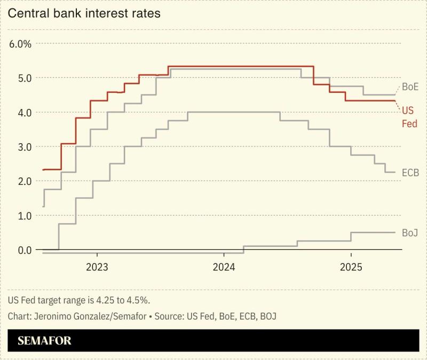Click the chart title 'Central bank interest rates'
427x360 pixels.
point(84,13)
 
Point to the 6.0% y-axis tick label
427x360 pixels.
point(21,44)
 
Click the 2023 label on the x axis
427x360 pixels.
point(97,267)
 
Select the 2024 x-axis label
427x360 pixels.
point(224,267)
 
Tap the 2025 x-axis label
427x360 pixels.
point(351,267)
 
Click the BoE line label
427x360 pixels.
point(410,87)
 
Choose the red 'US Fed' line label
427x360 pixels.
point(409,117)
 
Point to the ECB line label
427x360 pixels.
point(410,173)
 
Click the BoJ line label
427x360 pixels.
point(410,233)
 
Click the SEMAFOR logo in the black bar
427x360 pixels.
point(44,341)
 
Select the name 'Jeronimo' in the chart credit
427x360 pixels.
point(52,317)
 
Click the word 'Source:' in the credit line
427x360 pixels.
point(169,317)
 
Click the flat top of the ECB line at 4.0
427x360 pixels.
point(234,112)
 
